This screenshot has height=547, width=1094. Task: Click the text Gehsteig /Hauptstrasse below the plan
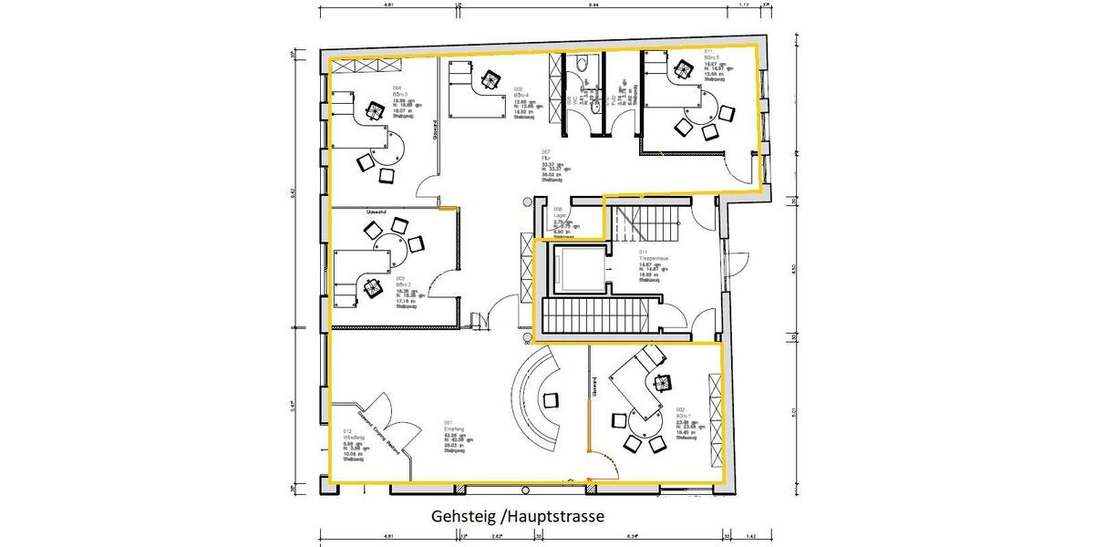518,517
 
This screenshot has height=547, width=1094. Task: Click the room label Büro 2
403,284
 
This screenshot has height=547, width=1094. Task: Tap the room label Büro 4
521,95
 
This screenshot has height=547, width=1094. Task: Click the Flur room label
545,157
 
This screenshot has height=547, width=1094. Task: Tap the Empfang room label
453,428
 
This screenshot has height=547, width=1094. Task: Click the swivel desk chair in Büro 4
491,80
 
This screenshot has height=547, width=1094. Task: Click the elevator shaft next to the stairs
576,268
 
